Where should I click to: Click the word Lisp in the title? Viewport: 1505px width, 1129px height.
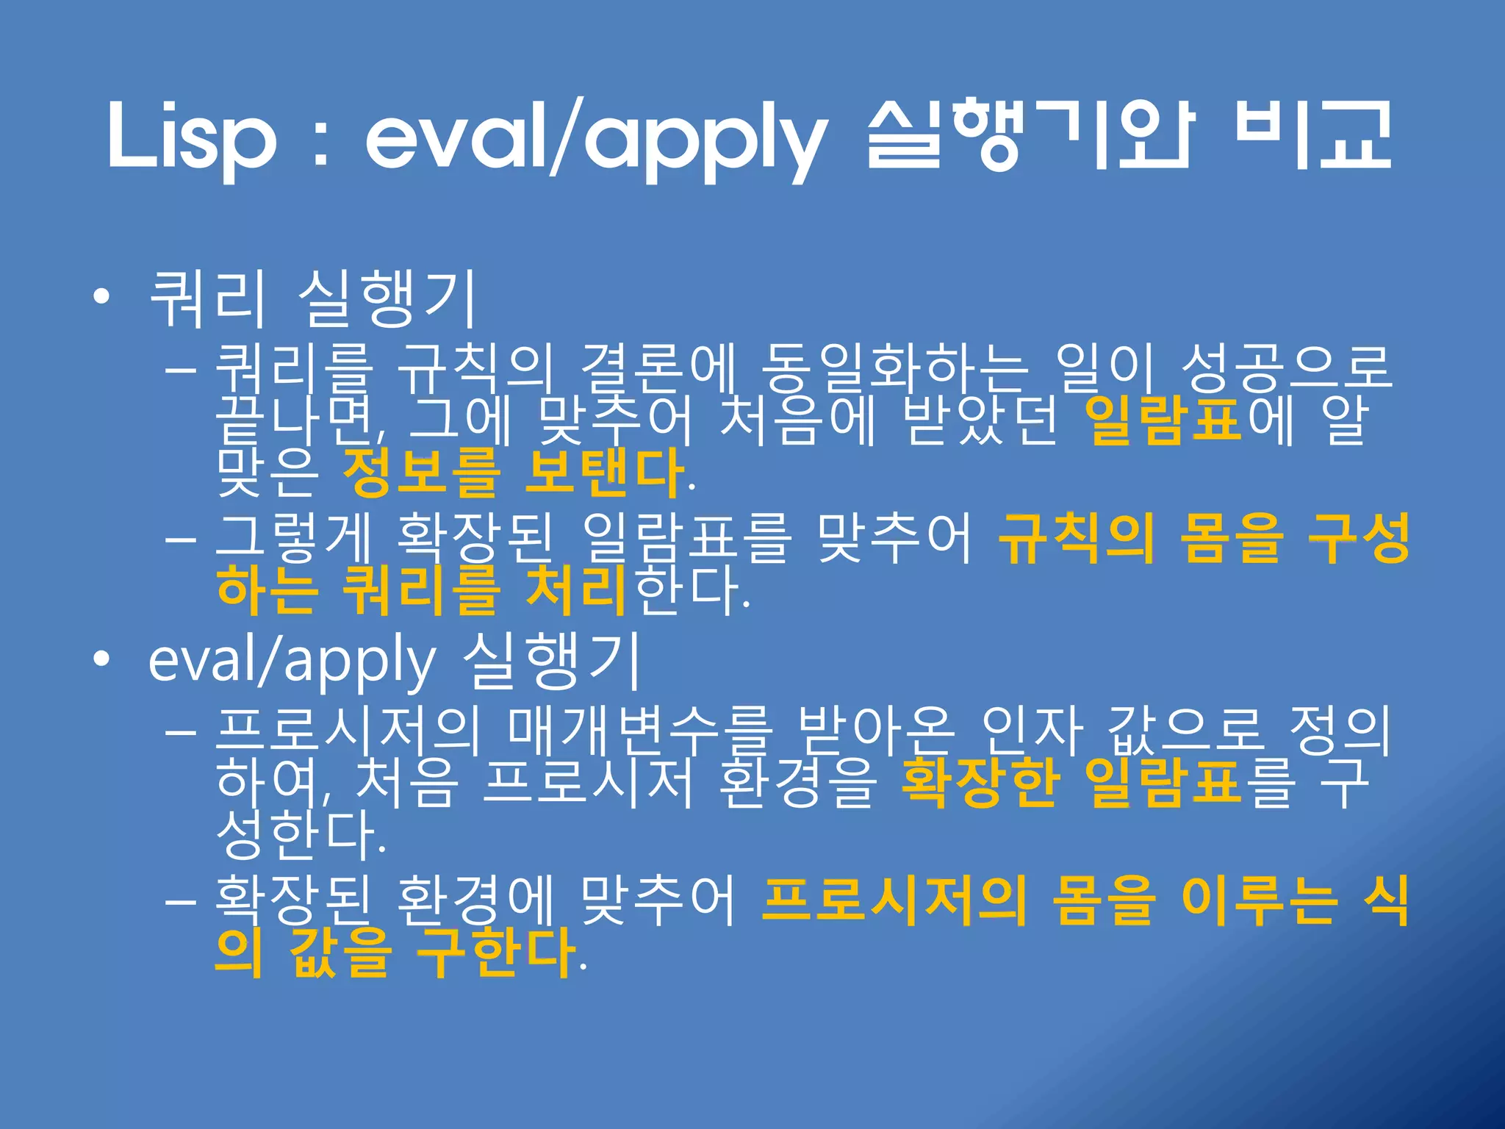pos(193,136)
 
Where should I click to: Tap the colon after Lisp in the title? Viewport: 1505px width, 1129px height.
pos(320,140)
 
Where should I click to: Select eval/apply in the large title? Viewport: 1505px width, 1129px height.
pos(595,140)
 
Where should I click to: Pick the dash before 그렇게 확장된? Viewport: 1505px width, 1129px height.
pos(180,540)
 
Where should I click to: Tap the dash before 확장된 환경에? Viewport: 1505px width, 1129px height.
pos(180,901)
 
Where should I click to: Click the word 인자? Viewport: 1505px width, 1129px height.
pos(1032,731)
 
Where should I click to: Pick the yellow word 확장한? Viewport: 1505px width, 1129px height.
pos(980,784)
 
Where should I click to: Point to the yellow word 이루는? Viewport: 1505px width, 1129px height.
pos(1257,901)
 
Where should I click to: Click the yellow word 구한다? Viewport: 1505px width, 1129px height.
pos(496,953)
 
